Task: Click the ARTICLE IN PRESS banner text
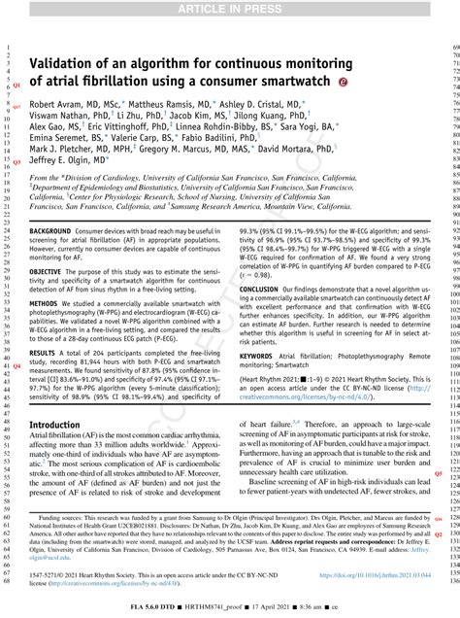point(230,9)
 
